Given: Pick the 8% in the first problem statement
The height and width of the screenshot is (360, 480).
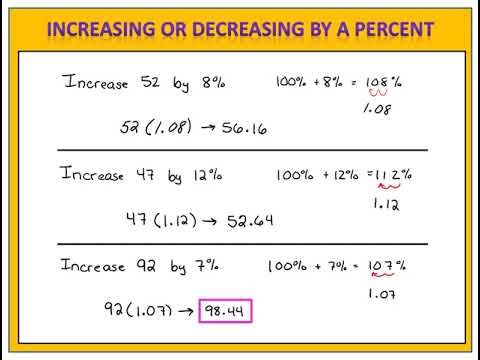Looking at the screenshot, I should (210, 81).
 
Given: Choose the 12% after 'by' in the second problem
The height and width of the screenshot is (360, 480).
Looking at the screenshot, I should (206, 175).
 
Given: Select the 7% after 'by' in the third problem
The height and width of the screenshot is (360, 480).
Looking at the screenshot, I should (207, 266).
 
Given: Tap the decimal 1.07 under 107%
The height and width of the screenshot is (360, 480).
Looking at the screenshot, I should (382, 294).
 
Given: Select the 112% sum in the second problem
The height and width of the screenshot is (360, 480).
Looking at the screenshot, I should (391, 174).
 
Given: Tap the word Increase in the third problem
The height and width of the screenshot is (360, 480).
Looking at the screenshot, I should (92, 266).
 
